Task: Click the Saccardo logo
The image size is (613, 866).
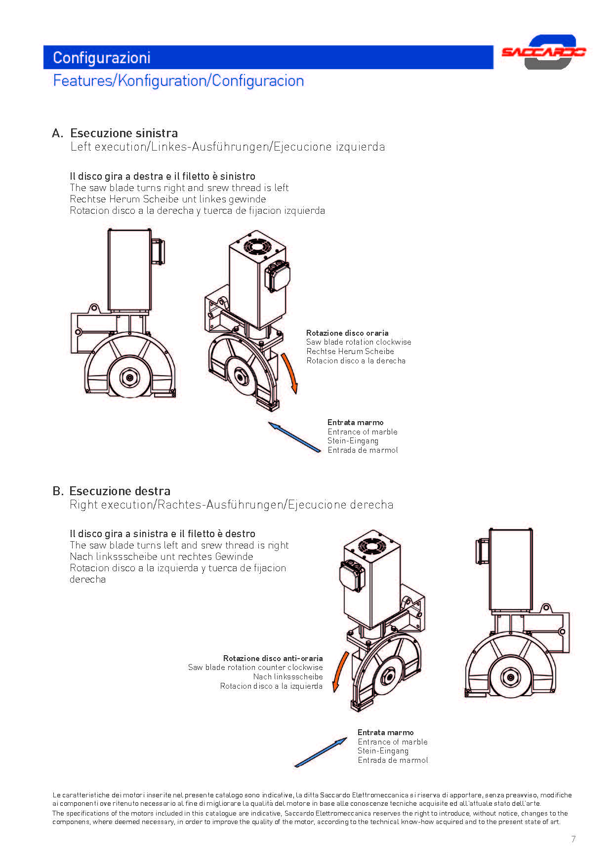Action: pos(544,52)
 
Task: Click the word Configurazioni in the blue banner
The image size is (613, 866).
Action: pos(101,58)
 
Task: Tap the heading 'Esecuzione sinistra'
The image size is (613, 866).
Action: pos(124,133)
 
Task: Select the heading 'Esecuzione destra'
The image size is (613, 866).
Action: pos(120,491)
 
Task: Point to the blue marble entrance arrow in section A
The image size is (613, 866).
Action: pos(294,436)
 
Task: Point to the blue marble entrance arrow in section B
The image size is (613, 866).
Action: pos(321,752)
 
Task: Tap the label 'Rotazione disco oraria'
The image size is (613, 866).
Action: pos(347,333)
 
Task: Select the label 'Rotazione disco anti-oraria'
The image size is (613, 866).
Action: pos(273,658)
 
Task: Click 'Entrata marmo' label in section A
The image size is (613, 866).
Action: pos(355,422)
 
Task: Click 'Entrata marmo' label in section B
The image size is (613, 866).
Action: pos(385,732)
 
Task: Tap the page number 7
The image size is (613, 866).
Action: pos(573,839)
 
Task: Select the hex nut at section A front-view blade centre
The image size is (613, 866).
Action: pos(130,378)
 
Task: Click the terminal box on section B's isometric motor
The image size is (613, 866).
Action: pos(352,575)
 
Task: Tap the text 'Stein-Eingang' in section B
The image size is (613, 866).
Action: pos(383,751)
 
